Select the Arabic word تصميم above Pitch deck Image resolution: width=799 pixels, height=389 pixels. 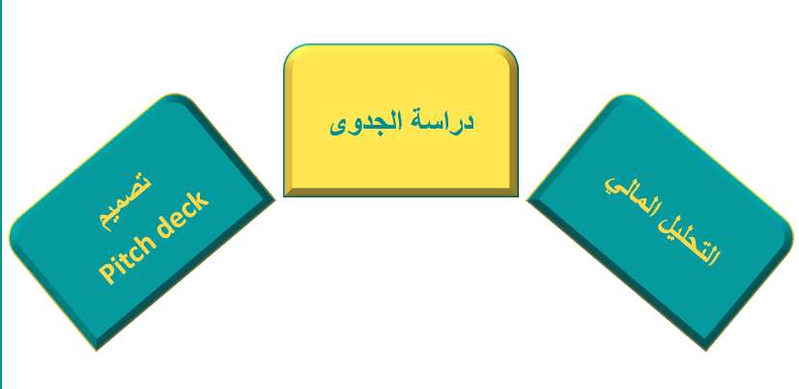coord(125,202)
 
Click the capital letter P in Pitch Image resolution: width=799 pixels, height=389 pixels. coord(106,276)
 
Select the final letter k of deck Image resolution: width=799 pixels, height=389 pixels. coord(200,198)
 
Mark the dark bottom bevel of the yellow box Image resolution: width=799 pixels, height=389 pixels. coord(401,192)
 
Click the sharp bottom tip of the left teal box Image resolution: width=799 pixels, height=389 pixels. coord(97,349)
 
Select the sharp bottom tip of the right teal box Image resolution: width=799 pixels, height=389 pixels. coord(705,349)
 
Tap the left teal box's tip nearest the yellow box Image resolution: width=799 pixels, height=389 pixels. coord(274,200)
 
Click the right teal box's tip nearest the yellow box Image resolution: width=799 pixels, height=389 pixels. coord(528,200)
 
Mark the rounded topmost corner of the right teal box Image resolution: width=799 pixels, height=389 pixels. coord(627,96)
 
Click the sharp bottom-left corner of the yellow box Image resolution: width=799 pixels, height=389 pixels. coord(284,196)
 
